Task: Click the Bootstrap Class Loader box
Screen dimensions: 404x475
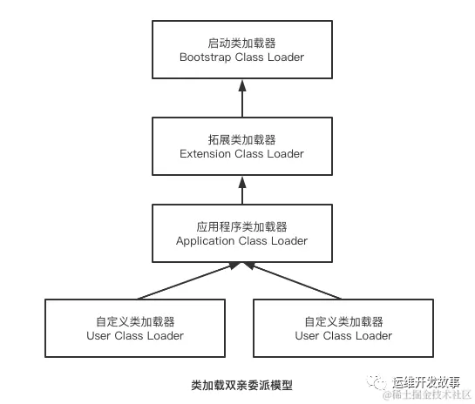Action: coord(241,49)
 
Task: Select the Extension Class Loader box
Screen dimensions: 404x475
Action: coord(241,145)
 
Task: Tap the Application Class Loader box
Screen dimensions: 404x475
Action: coord(241,232)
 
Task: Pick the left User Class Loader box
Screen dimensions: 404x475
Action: coord(135,327)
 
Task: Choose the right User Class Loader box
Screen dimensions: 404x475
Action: coord(343,327)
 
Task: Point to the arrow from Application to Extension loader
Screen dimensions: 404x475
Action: coord(241,188)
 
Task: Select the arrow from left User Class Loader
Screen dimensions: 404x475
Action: coord(187,281)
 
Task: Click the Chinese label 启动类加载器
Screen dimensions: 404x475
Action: coord(241,42)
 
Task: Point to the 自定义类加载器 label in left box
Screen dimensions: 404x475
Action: coord(135,320)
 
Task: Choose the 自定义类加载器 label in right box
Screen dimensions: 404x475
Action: coord(343,320)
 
